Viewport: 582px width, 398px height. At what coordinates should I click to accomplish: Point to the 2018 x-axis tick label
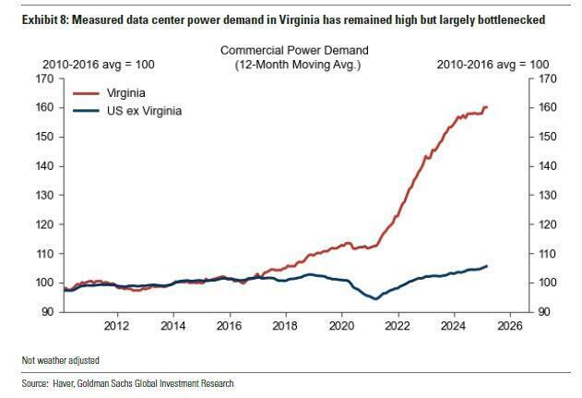(285, 326)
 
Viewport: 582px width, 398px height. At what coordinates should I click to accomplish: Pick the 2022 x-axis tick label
(398, 326)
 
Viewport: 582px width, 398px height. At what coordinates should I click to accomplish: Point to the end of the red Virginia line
(487, 107)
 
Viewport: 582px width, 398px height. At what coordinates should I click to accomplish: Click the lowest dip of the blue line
(374, 298)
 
